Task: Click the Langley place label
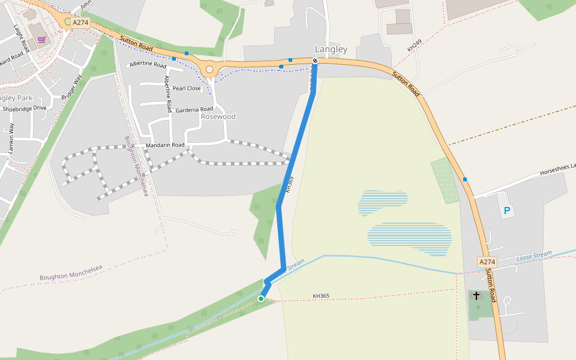pyautogui.click(x=331, y=49)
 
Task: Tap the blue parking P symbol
pyautogui.click(x=507, y=211)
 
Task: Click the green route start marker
pyautogui.click(x=261, y=298)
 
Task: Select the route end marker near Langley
pyautogui.click(x=315, y=61)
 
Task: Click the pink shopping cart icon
pyautogui.click(x=41, y=40)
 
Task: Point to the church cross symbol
pyautogui.click(x=477, y=296)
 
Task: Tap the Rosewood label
pyautogui.click(x=218, y=116)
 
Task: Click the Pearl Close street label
pyautogui.click(x=187, y=88)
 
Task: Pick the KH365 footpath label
pyautogui.click(x=321, y=296)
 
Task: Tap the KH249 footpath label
pyautogui.click(x=415, y=44)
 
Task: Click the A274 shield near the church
pyautogui.click(x=488, y=262)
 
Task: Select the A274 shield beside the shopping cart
pyautogui.click(x=81, y=23)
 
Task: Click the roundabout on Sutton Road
pyautogui.click(x=209, y=70)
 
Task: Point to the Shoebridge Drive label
pyautogui.click(x=25, y=109)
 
